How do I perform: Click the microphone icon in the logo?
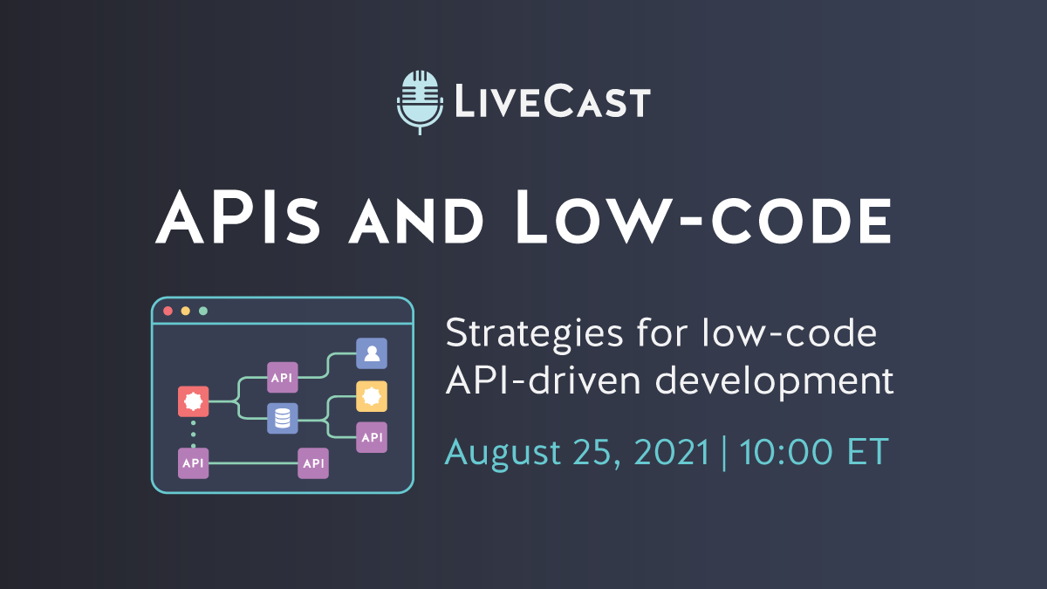click(420, 99)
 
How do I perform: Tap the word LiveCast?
click(551, 101)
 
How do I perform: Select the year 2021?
click(671, 452)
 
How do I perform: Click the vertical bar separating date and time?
click(723, 453)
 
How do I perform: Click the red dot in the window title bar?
click(168, 311)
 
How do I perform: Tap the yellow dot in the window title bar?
click(186, 311)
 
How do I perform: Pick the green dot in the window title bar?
click(203, 311)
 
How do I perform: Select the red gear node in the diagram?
click(193, 401)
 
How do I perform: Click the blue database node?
click(282, 419)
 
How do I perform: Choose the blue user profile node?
click(372, 353)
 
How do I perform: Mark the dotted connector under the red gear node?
click(193, 433)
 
